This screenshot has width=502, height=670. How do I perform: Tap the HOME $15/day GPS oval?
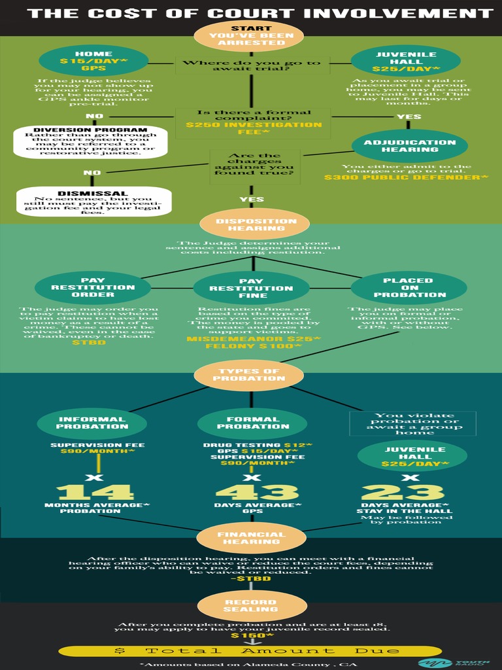pyautogui.click(x=93, y=61)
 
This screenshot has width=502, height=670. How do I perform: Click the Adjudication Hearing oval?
pyautogui.click(x=409, y=146)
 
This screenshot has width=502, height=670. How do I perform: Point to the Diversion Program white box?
pyautogui.click(x=90, y=142)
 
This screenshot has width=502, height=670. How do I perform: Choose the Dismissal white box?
pyautogui.click(x=93, y=202)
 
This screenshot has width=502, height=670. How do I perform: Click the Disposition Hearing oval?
pyautogui.click(x=251, y=224)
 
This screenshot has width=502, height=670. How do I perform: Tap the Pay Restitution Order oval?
pyautogui.click(x=93, y=287)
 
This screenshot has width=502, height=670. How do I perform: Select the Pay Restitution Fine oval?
pyautogui.click(x=251, y=288)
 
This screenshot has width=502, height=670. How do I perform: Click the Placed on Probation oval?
pyautogui.click(x=409, y=287)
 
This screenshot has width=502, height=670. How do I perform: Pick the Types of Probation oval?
pyautogui.click(x=249, y=375)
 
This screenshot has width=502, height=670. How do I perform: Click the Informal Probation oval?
pyautogui.click(x=92, y=423)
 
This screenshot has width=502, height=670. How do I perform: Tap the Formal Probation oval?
pyautogui.click(x=252, y=423)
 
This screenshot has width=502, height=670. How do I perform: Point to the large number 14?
pyautogui.click(x=95, y=492)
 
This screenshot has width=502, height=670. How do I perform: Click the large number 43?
pyautogui.click(x=257, y=492)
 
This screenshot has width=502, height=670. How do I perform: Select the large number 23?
pyautogui.click(x=403, y=492)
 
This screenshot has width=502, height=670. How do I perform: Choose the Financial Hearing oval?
pyautogui.click(x=252, y=538)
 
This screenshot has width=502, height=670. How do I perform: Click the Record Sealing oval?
pyautogui.click(x=252, y=605)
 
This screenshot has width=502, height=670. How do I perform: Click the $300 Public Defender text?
pyautogui.click(x=406, y=177)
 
